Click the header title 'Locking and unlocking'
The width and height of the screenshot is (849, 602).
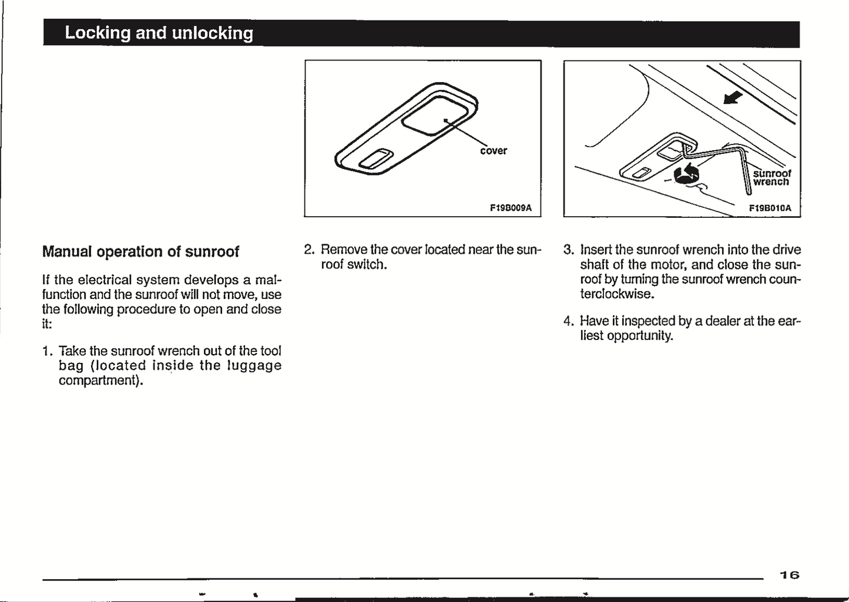coord(159,33)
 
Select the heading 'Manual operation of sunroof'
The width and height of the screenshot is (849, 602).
coord(140,251)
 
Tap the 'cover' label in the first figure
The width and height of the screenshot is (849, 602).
coord(494,151)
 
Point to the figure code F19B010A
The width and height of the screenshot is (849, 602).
coord(770,208)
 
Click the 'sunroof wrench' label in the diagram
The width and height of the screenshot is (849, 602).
coord(771,178)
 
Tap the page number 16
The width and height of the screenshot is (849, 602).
coord(790,575)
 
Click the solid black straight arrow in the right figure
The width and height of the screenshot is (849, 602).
coord(733,97)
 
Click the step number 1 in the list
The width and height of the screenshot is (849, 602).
coord(46,351)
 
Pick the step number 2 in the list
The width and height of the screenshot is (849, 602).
coord(309,250)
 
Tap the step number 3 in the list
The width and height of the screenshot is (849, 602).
coord(568,250)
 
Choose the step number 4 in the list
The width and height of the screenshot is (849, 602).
coord(568,321)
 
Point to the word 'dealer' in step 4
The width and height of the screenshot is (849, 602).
coord(723,321)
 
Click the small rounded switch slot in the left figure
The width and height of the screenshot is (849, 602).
coord(374,159)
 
